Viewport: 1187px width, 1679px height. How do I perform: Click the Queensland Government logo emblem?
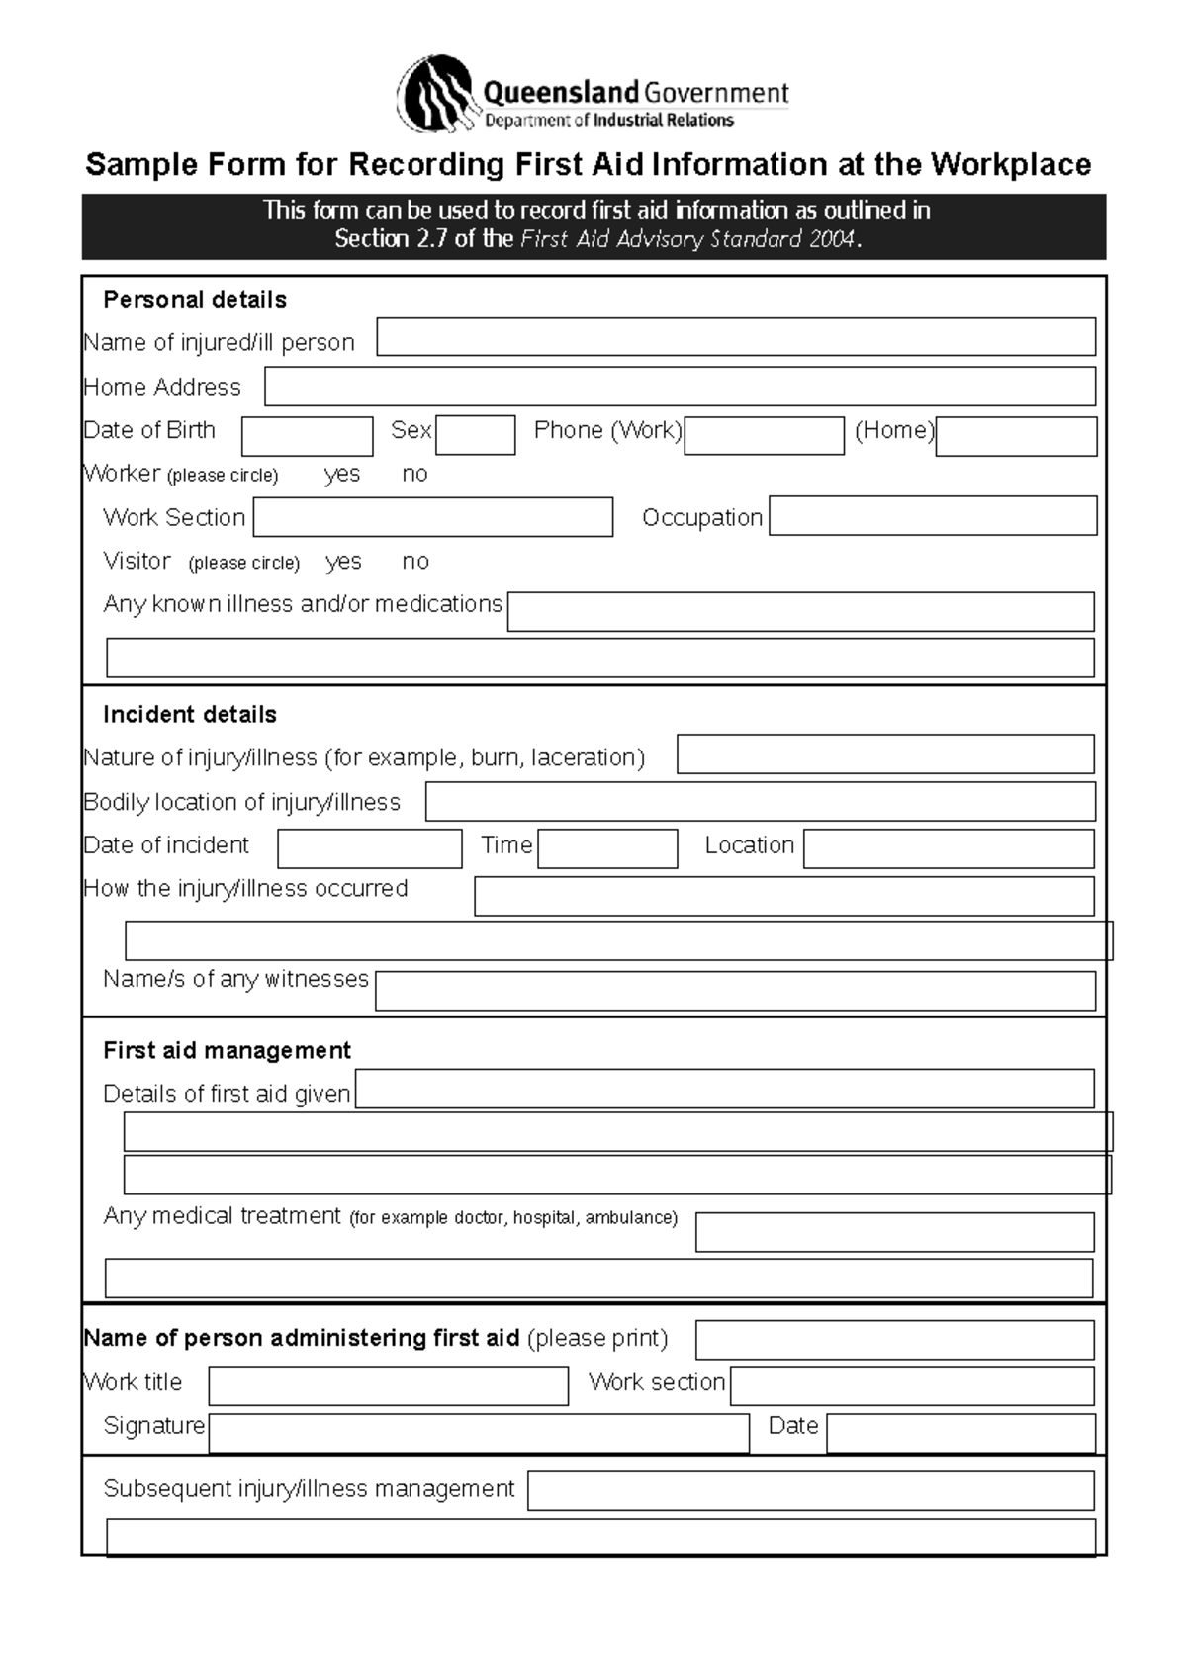435,95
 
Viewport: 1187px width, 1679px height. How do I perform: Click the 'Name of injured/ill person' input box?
735,337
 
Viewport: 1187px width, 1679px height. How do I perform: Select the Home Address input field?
680,387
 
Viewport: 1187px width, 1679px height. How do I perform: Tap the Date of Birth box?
307,436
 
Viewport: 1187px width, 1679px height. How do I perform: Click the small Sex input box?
475,435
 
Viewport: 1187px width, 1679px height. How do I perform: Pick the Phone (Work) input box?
764,436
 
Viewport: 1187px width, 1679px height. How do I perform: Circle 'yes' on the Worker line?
342,475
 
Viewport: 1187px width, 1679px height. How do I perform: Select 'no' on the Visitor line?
415,562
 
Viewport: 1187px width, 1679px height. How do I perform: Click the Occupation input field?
933,516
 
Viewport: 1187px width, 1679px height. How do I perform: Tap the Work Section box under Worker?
432,517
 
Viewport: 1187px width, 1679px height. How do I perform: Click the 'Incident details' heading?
189,714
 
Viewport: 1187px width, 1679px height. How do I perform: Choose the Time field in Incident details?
607,848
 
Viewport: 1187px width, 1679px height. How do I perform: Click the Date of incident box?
369,848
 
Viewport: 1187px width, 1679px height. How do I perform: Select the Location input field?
948,848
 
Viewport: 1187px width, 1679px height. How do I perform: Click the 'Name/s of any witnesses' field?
735,991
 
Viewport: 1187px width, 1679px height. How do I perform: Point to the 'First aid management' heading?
227,1050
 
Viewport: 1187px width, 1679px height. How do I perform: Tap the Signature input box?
478,1433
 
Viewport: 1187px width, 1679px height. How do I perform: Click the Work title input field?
388,1385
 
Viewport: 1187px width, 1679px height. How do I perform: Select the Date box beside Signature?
960,1433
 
